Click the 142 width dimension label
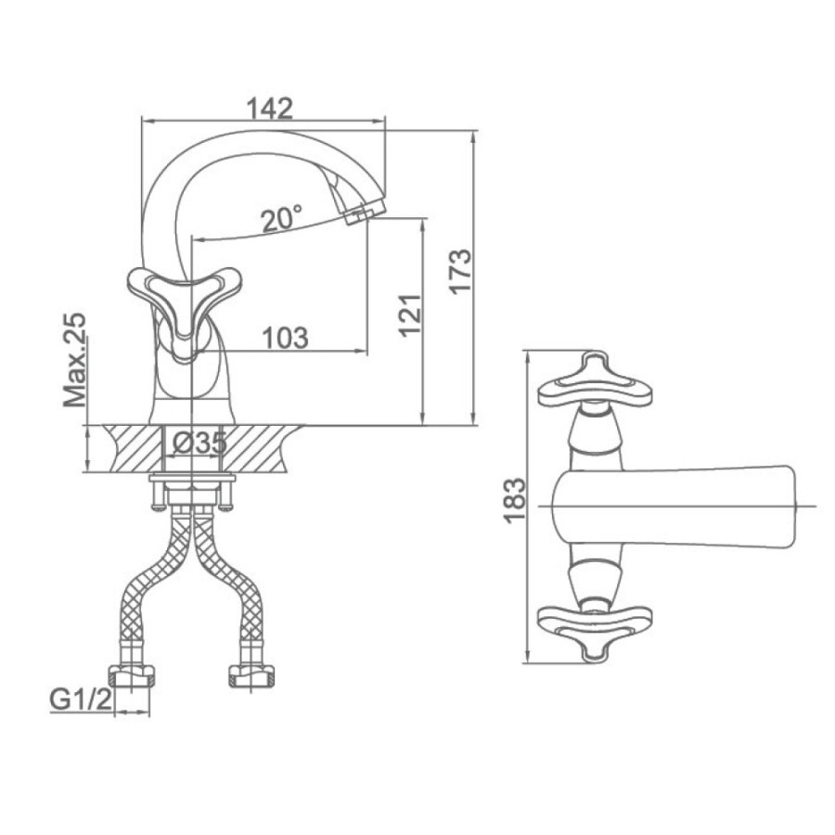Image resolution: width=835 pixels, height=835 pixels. [269, 109]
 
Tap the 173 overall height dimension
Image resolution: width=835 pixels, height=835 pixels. [460, 270]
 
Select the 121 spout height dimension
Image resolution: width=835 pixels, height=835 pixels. [410, 315]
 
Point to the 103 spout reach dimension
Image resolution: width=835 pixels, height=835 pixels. [286, 338]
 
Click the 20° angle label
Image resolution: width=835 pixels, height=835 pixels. [282, 219]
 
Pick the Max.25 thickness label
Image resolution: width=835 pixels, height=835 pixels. [74, 360]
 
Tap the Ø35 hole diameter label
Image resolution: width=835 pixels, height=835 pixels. [200, 442]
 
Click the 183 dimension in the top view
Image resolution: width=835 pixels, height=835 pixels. [515, 502]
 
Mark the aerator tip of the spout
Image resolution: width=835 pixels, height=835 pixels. [361, 214]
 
